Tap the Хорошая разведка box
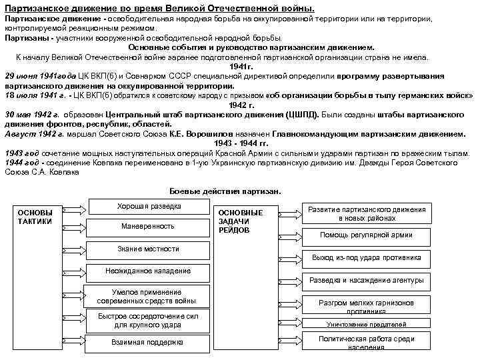[148, 207]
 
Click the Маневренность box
[148, 226]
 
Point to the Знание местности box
[148, 249]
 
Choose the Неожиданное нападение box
[148, 271]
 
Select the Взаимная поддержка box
[148, 342]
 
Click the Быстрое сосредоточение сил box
[148, 321]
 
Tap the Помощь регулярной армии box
[366, 235]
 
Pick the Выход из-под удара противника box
[366, 257]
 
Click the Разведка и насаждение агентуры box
[366, 280]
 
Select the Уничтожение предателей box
[366, 324]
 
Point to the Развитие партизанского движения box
[366, 213]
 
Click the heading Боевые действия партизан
[225, 191]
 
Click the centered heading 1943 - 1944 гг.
[241, 143]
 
